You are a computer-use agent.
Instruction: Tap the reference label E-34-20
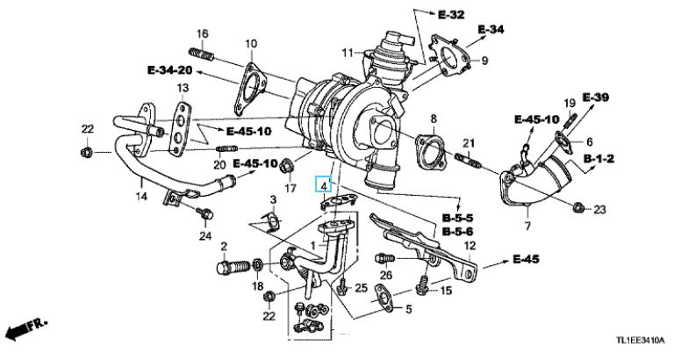point(169,68)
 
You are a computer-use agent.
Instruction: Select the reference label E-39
point(594,97)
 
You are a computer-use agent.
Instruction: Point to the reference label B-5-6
point(458,231)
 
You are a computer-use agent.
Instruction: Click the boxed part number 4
point(324,185)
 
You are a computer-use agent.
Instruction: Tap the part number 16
point(202,34)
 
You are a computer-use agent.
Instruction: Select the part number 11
point(347,51)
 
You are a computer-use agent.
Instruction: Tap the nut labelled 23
point(578,207)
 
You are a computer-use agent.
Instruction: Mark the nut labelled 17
point(290,165)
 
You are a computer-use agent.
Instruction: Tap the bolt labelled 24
point(204,213)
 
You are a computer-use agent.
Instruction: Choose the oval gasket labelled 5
point(384,300)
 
